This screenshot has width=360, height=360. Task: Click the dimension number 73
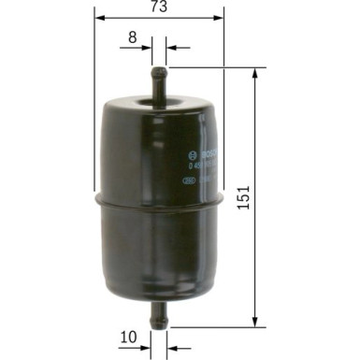[x=160, y=7]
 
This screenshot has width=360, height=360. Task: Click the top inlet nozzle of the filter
[x=159, y=75]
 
